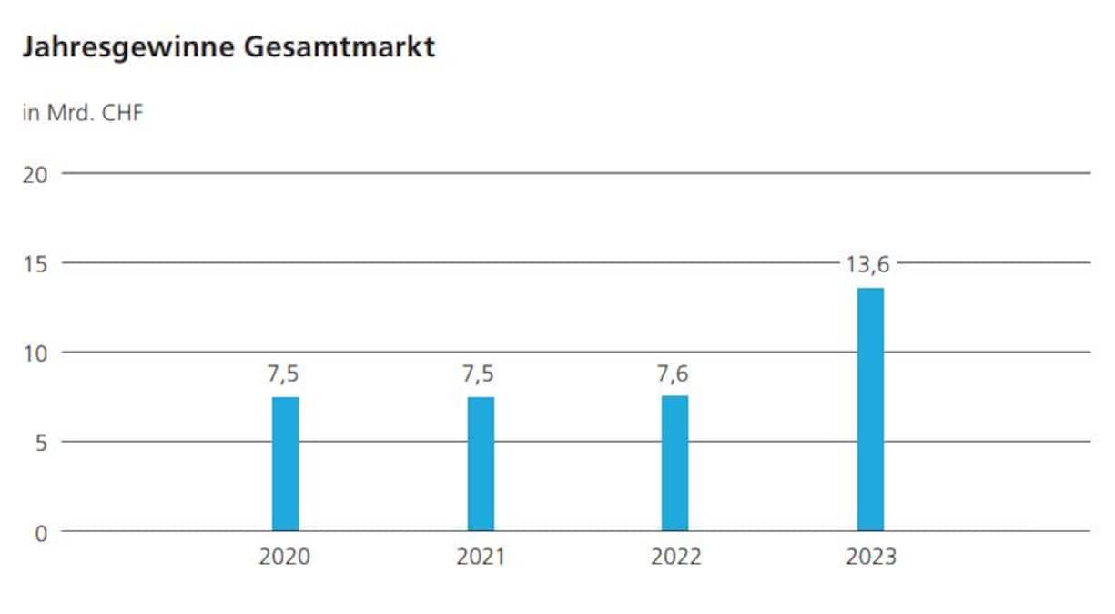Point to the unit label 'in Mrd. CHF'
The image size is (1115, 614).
pos(82,115)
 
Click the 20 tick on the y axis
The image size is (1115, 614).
pos(35,174)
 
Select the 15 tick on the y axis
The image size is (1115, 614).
pos(35,263)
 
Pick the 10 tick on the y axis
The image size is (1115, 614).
pos(35,353)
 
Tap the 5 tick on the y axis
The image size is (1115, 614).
pos(40,443)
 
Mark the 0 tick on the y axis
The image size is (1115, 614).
pos(40,533)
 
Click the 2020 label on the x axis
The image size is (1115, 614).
pos(285,557)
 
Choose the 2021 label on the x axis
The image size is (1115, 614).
pos(481,557)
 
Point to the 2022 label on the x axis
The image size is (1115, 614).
pos(675,557)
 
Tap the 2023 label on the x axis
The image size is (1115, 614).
pos(870,557)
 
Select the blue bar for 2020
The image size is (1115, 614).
pos(286,465)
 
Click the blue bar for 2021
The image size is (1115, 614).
pos(481,465)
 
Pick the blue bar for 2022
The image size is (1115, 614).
pos(675,464)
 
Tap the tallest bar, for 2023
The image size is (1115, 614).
pos(870,410)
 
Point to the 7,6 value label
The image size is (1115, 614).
pos(675,374)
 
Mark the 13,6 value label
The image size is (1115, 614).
pos(870,266)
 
